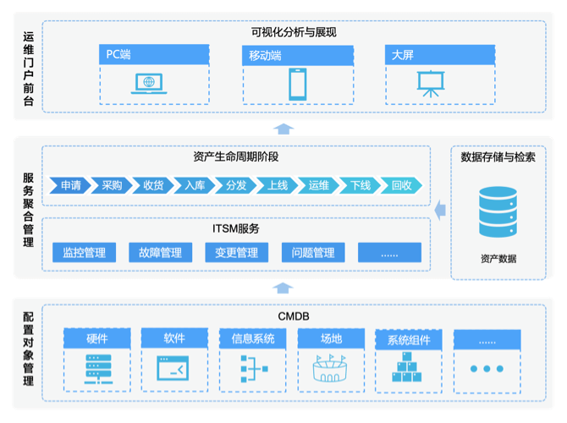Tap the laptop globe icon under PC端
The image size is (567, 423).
click(149, 83)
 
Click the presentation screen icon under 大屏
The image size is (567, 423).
click(431, 82)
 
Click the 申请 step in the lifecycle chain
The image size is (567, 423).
click(71, 185)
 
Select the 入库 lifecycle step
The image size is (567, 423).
click(195, 185)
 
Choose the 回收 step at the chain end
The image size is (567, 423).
click(401, 185)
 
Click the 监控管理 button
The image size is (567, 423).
click(83, 252)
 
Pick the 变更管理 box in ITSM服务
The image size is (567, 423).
click(236, 252)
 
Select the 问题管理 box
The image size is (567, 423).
click(313, 252)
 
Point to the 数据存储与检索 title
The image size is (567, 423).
click(498, 157)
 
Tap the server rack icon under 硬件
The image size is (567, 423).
click(97, 369)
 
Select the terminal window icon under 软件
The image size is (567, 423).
click(175, 369)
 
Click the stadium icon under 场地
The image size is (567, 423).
click(331, 369)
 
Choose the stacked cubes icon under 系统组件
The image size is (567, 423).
click(409, 367)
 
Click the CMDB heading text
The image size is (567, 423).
click(294, 316)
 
